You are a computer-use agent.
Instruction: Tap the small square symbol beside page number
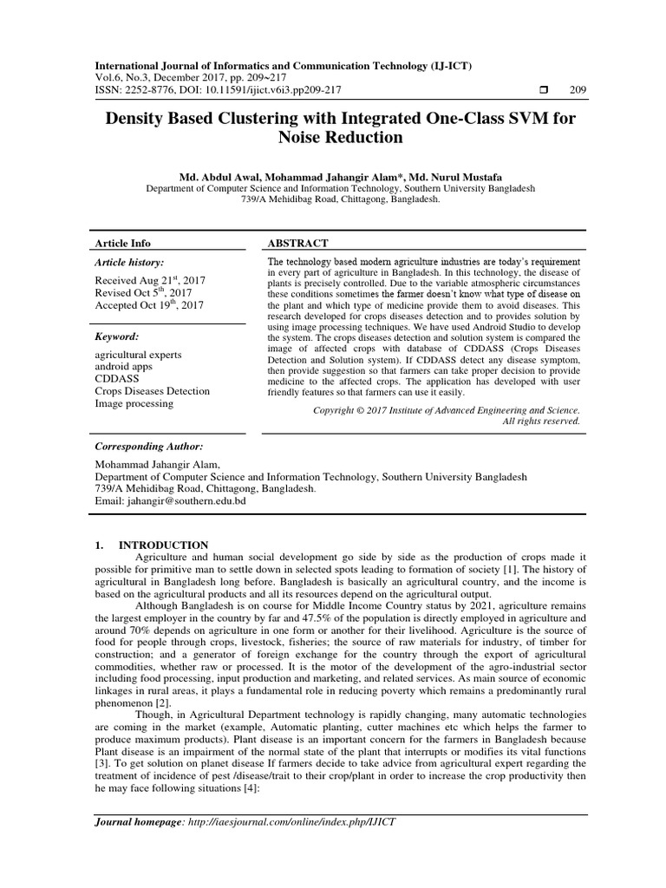coord(542,90)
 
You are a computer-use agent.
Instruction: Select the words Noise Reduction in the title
coord(340,137)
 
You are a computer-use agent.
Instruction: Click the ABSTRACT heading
coord(297,244)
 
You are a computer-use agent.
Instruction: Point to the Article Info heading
coord(122,244)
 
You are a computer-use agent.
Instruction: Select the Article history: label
coord(128,262)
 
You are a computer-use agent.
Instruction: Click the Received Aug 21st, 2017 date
coord(149,280)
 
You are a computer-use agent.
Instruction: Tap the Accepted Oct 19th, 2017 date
coord(150,305)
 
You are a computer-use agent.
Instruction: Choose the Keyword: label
coord(116,336)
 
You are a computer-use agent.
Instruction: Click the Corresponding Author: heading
coord(148,446)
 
